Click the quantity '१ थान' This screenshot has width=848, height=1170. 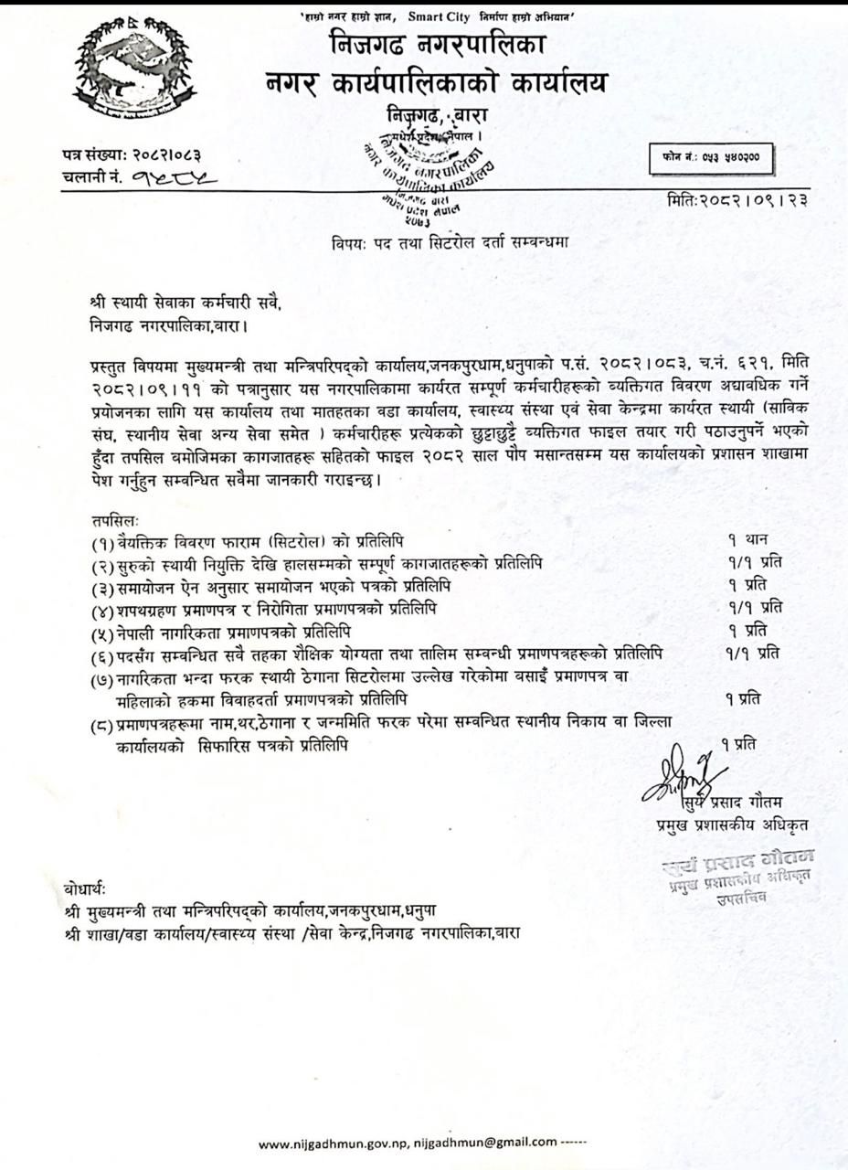pyautogui.click(x=747, y=540)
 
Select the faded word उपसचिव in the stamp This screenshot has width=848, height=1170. pyautogui.click(x=741, y=899)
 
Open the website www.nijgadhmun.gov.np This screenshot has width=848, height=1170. pyautogui.click(x=334, y=1143)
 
